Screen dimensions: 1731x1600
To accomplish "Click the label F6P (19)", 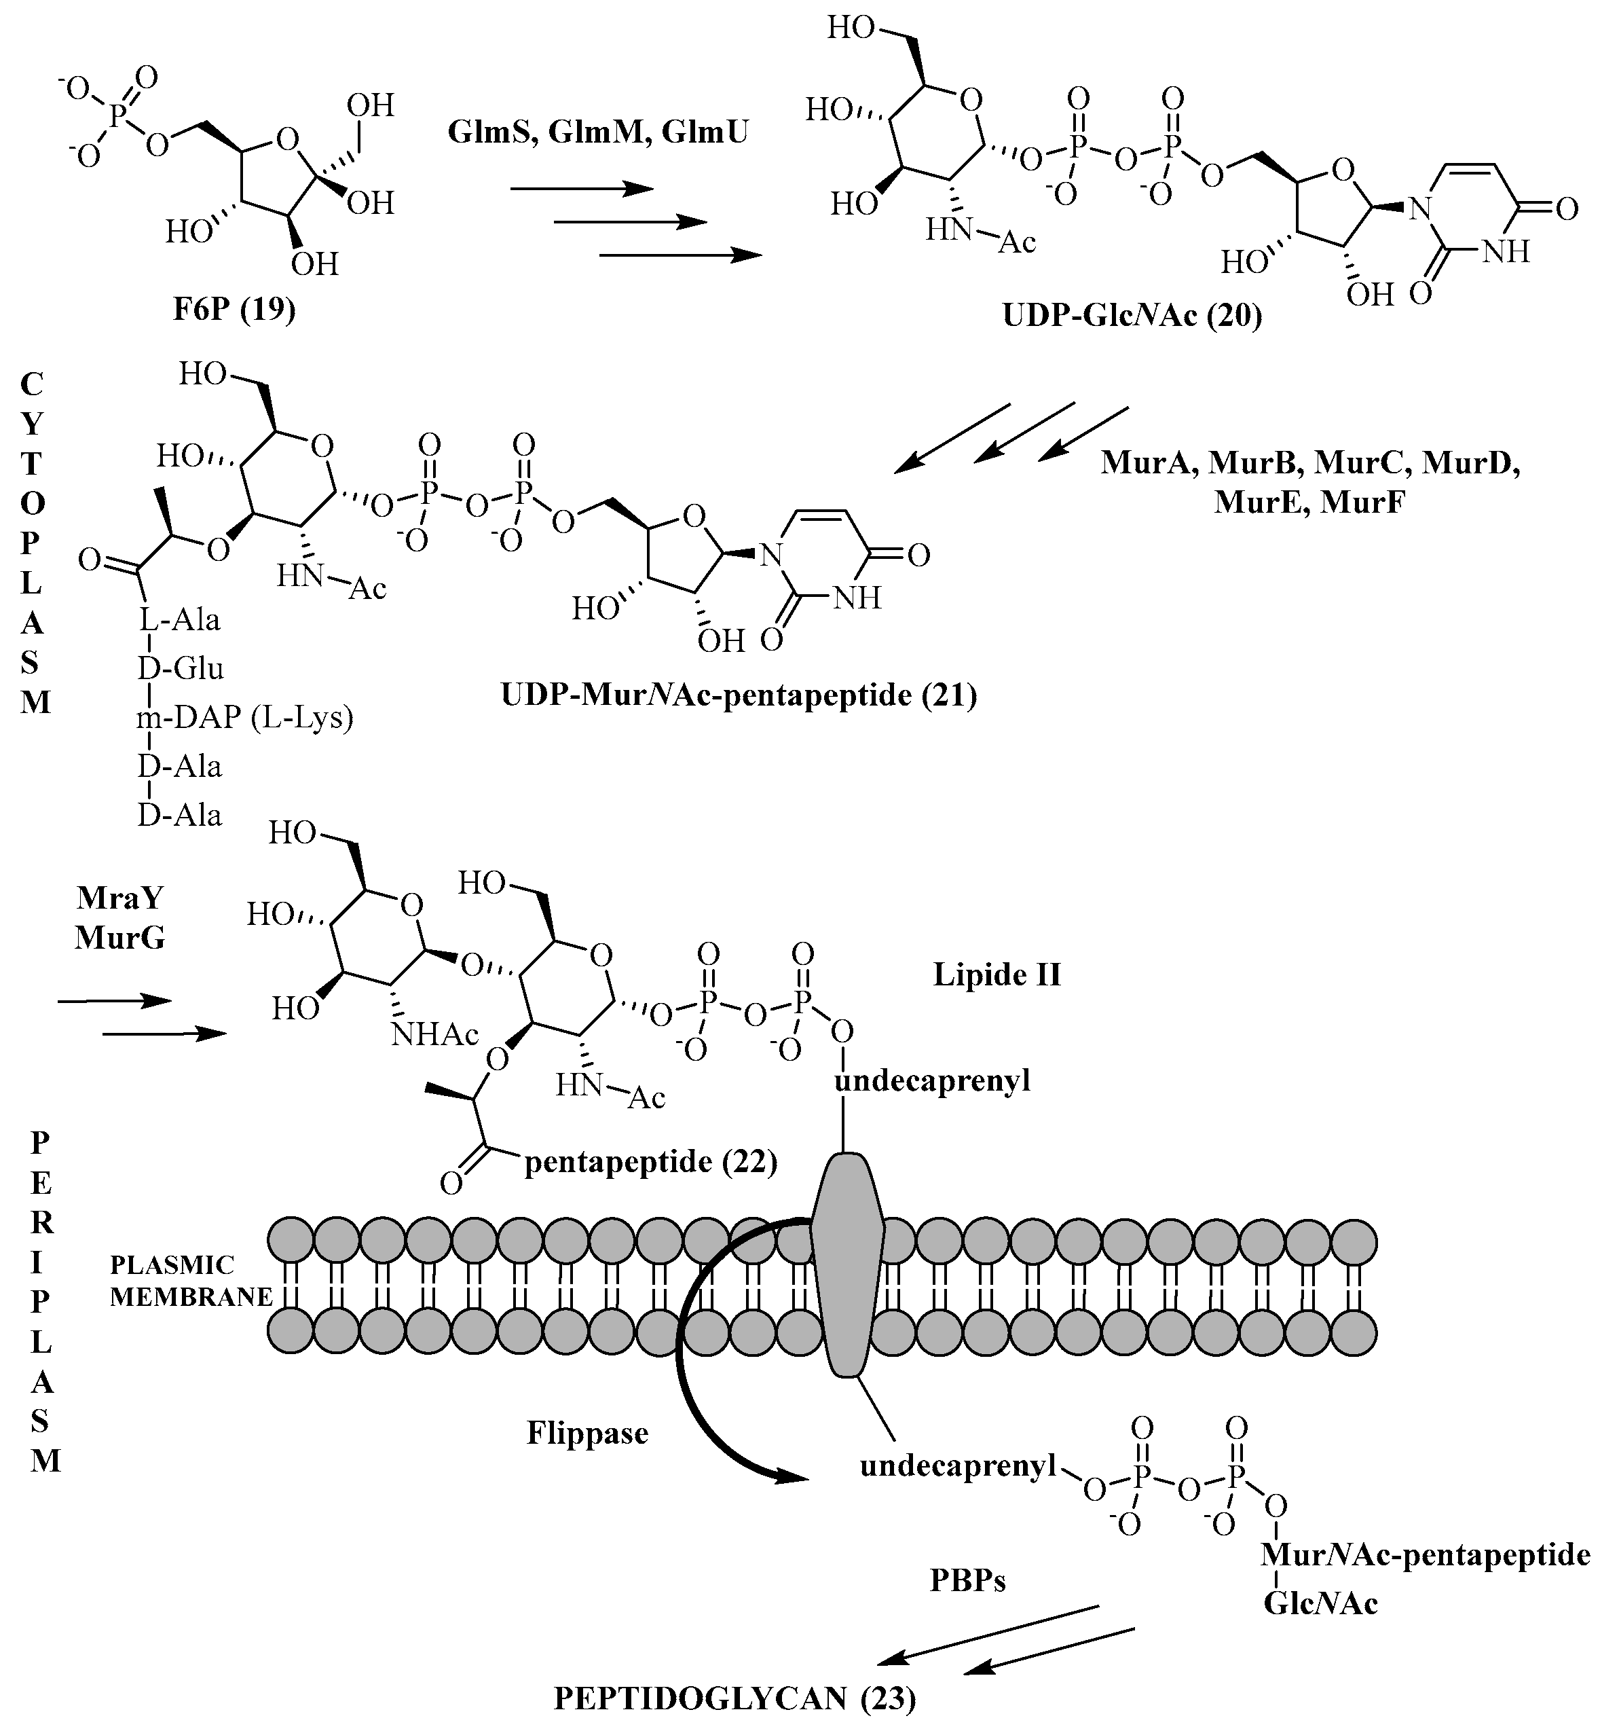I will (234, 309).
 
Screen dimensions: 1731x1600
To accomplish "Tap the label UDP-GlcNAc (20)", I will (1132, 315).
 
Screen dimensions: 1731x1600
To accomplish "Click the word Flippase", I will (587, 1433).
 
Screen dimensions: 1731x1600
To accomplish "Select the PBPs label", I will (967, 1580).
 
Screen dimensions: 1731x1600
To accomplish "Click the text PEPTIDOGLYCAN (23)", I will (734, 1699).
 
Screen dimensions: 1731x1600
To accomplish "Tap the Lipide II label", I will (996, 975).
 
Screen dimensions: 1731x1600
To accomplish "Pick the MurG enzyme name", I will (119, 937).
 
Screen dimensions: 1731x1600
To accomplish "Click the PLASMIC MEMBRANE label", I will (191, 1281).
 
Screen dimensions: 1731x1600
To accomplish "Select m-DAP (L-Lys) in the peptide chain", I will (245, 718).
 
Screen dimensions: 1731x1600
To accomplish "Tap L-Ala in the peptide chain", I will (180, 620).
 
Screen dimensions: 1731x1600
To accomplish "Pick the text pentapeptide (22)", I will (651, 1161).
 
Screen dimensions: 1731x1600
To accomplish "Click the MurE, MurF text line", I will (1308, 501).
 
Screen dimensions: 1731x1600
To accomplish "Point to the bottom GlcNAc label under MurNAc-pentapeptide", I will (1320, 1604).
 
